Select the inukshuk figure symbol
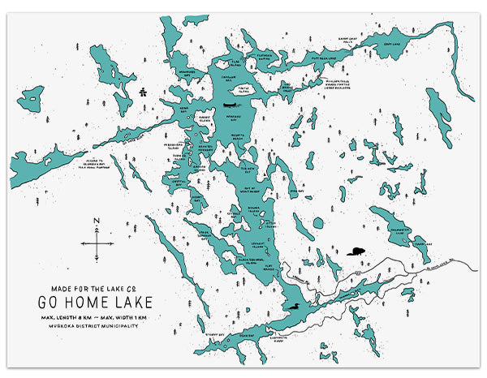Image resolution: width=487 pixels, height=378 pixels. [143, 91]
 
